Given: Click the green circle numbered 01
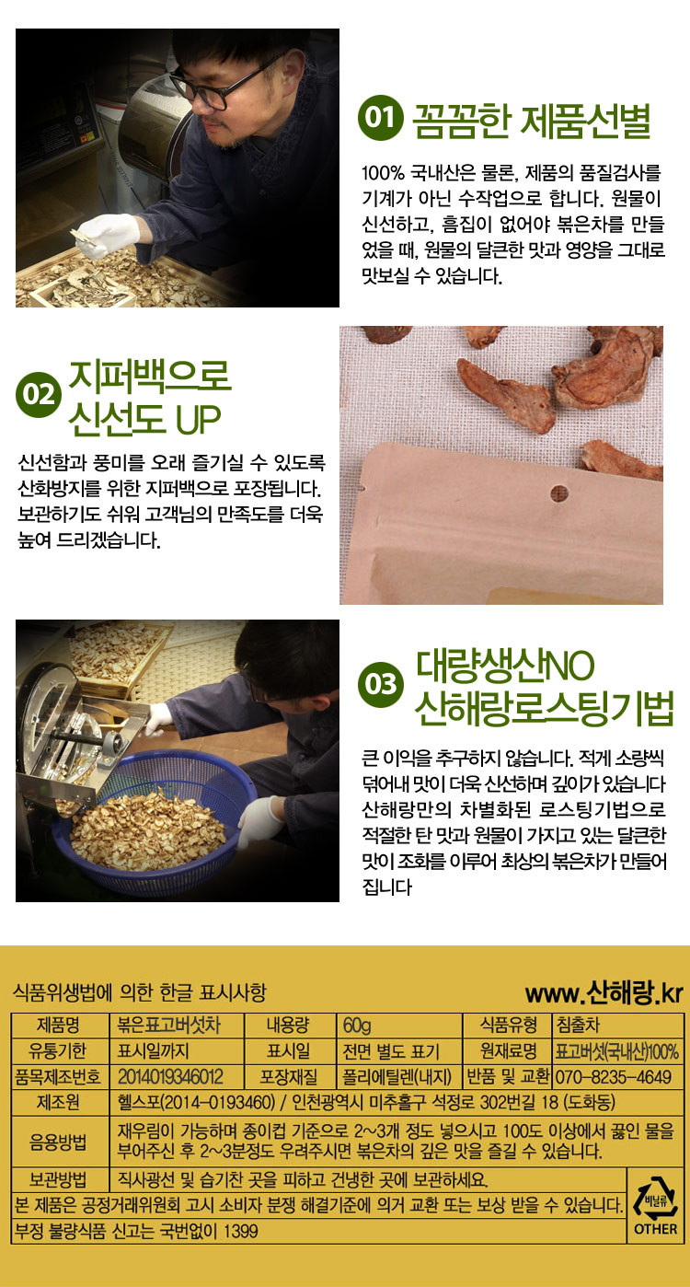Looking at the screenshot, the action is tap(380, 118).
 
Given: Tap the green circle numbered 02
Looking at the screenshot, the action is tap(39, 394).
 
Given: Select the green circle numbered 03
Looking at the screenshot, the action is tap(380, 684).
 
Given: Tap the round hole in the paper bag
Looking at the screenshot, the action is tap(559, 493).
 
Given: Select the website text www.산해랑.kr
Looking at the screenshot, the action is tap(604, 993).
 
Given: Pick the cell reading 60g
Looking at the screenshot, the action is tap(357, 1025).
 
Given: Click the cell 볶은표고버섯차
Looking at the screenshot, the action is tap(168, 1025).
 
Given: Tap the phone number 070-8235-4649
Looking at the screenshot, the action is tap(613, 1077).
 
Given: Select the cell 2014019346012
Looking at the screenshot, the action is tap(170, 1077).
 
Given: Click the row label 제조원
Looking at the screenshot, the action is tap(58, 1103).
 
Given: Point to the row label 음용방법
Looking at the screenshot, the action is tap(58, 1142).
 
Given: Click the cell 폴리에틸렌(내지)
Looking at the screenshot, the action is tap(397, 1077).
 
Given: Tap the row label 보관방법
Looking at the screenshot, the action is tap(58, 1180).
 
